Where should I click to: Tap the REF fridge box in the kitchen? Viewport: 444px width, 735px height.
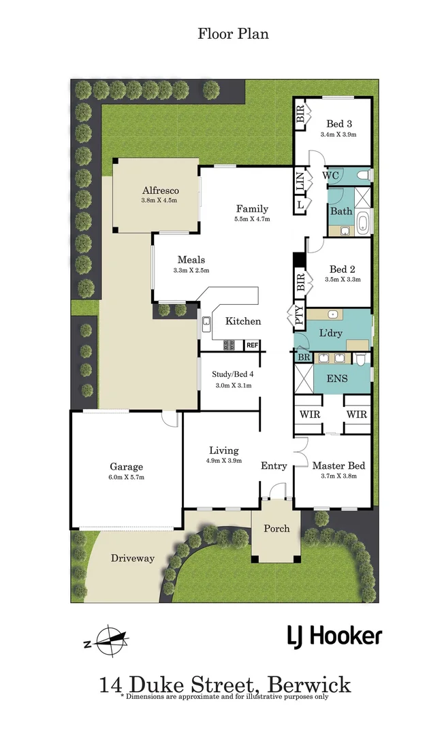[x=252, y=345]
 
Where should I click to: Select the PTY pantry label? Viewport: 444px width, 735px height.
[x=299, y=316]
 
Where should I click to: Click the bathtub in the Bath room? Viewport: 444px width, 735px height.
[x=362, y=223]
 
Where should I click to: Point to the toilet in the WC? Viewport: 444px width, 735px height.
[x=364, y=176]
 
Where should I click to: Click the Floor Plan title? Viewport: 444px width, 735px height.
[x=233, y=33]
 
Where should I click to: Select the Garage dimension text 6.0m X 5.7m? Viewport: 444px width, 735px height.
[x=127, y=477]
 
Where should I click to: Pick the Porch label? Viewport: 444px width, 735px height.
[x=276, y=528]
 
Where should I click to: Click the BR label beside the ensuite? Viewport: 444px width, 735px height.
[x=302, y=357]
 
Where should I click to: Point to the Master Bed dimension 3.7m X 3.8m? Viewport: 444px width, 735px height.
[x=338, y=476]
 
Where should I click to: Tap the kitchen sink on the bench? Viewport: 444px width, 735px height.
[x=205, y=325]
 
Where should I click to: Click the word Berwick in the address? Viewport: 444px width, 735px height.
[x=309, y=683]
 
